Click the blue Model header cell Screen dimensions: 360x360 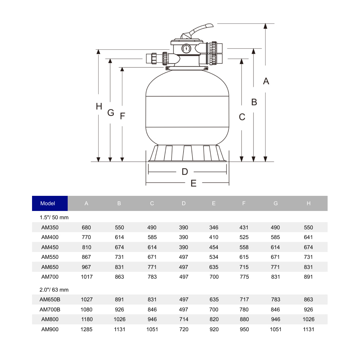(50, 203)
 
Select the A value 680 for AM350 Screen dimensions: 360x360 (86, 228)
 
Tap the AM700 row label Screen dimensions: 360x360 (50, 277)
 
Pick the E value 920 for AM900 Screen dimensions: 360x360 (213, 329)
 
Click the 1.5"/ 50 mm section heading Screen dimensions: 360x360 (54, 217)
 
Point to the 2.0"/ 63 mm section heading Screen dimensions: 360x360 (54, 289)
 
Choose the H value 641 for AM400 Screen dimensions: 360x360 (308, 237)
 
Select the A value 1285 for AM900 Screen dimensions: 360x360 (86, 329)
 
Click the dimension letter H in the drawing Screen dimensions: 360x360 (99, 107)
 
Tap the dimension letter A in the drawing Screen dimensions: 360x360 (266, 81)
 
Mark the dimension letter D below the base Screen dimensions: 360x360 (185, 172)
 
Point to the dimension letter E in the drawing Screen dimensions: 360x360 (193, 183)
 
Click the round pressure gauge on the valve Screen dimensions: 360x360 (186, 48)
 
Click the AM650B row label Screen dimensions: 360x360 (50, 300)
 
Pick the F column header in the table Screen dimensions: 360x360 (244, 203)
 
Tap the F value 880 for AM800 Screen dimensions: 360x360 (244, 319)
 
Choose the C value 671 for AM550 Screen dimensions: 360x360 (152, 257)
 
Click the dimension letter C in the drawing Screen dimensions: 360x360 (242, 117)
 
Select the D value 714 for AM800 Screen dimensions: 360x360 (184, 319)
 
